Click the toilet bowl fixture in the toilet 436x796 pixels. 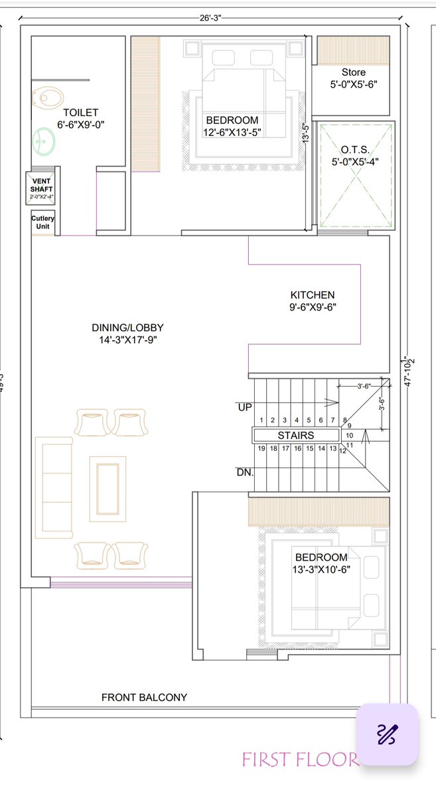point(48,98)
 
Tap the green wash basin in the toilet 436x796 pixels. point(43,141)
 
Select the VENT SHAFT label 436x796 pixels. point(41,185)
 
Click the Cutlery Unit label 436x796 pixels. point(42,222)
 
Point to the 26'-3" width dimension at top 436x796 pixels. point(210,18)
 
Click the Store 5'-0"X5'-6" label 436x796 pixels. point(354,78)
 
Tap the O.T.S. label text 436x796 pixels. point(355,150)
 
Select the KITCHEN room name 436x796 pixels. point(313,295)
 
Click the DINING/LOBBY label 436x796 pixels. point(127,328)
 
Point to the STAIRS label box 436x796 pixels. point(296,435)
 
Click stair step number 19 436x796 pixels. point(261,448)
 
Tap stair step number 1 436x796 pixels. point(261,420)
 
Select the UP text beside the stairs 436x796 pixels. point(245,407)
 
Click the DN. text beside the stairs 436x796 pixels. point(245,472)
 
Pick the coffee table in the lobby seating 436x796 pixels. point(108,489)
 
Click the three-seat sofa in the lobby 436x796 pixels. point(54,488)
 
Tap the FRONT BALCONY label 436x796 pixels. point(144,697)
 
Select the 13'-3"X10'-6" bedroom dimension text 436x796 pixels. point(321,569)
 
